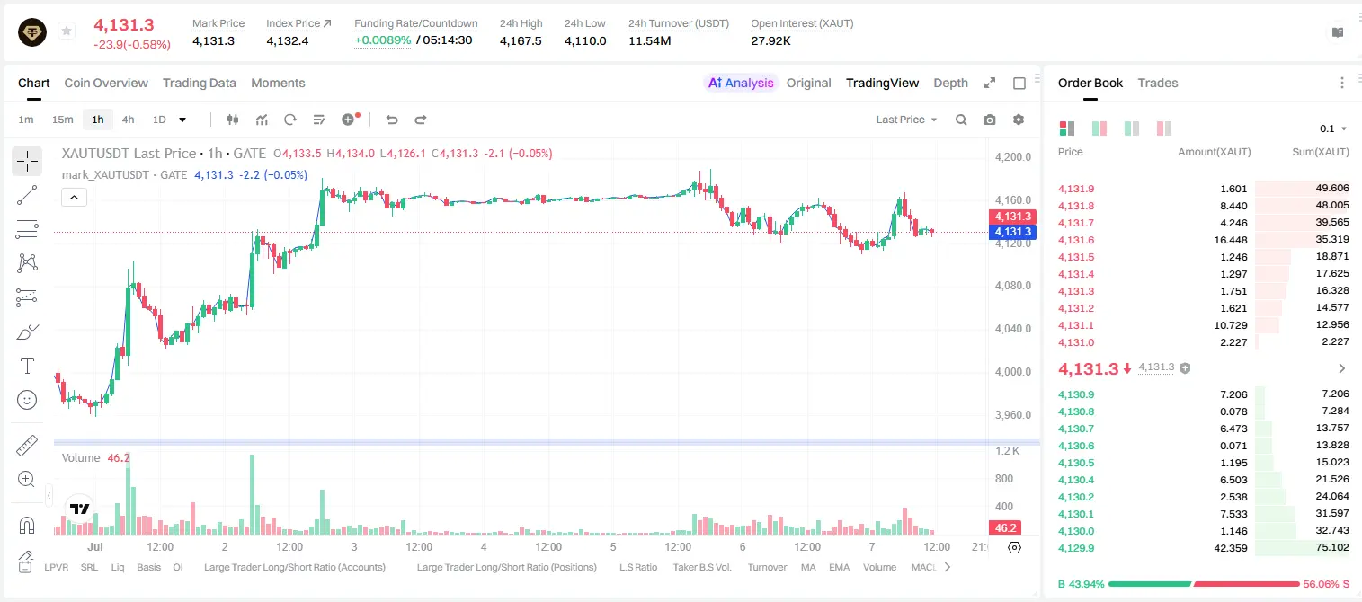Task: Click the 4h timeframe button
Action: coord(128,120)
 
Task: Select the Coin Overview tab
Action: coord(106,83)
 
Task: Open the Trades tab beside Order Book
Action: coord(1158,83)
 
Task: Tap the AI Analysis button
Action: coord(741,83)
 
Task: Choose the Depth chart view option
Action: coord(950,83)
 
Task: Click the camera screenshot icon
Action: coord(990,120)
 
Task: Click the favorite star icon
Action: coord(67,31)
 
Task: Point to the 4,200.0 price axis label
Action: coord(1013,156)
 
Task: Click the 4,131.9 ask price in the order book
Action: coord(1076,189)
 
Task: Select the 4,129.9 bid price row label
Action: coord(1076,548)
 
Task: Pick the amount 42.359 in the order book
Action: coord(1230,548)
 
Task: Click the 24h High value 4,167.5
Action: coord(521,40)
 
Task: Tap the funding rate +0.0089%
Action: coord(383,40)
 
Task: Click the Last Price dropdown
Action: coord(906,120)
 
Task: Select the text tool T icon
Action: coord(27,366)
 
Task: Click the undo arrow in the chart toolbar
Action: coord(392,120)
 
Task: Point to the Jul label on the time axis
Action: coord(95,546)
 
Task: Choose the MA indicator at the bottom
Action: coord(808,567)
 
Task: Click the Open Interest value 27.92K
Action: coord(770,40)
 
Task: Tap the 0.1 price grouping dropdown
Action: coord(1333,128)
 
